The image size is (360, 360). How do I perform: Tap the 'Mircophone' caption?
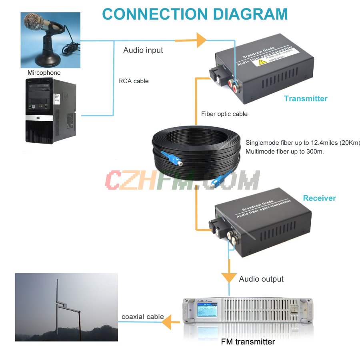point(44,73)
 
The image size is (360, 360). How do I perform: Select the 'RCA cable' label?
point(133,81)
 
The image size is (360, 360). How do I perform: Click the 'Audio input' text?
point(143,50)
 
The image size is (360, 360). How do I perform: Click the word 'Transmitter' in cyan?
point(306,98)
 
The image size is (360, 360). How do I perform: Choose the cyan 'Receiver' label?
point(319,198)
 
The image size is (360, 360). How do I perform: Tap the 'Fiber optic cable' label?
point(224,114)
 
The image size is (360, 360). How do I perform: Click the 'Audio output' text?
point(261,279)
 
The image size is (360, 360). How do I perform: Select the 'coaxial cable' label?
point(143,317)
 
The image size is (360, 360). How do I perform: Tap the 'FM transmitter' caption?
point(248,342)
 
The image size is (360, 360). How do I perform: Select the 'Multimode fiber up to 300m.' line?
point(284,152)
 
